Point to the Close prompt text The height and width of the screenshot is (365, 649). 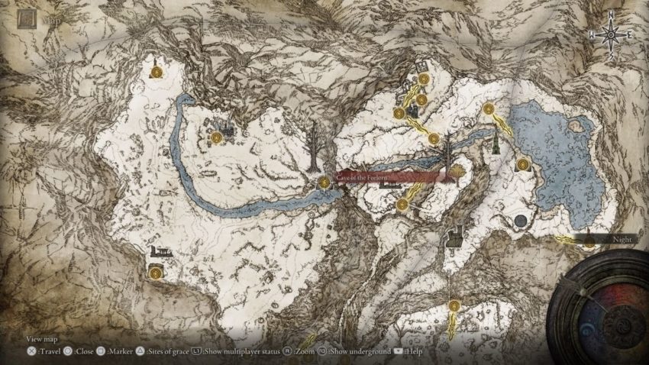click(85, 352)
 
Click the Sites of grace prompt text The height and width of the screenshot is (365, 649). click(166, 352)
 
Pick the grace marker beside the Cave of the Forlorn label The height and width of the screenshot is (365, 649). click(324, 182)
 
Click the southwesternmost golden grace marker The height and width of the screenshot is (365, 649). click(156, 271)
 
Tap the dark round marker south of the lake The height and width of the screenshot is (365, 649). click(520, 221)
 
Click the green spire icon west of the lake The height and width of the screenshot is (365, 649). click(496, 141)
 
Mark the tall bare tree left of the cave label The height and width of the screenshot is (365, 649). click(312, 147)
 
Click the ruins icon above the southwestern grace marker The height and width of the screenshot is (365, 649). click(161, 250)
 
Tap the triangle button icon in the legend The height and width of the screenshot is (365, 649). click(140, 352)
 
